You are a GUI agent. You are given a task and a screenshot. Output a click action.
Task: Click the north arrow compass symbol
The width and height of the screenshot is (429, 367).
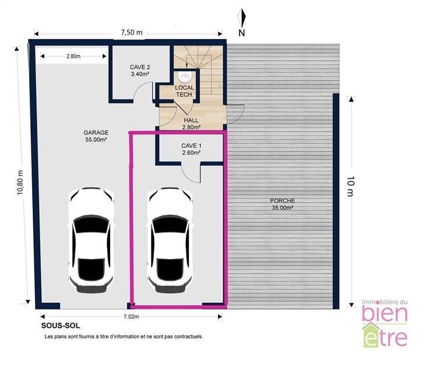pos(241,18)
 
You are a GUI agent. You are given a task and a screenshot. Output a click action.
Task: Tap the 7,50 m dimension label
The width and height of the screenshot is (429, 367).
pos(132,32)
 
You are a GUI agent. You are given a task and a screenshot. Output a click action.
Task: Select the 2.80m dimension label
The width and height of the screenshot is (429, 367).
pos(73,56)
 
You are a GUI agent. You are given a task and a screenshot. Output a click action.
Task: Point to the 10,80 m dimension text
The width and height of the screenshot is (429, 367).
pos(20,183)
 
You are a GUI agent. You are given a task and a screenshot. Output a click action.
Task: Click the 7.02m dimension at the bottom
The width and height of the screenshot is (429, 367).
pos(131,317)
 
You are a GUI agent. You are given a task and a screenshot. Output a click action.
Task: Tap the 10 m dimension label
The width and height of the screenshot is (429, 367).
pos(350,187)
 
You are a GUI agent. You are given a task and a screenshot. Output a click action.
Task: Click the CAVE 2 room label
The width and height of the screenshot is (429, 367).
pos(140,71)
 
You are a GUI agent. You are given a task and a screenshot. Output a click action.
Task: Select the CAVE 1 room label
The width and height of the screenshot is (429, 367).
pos(191,149)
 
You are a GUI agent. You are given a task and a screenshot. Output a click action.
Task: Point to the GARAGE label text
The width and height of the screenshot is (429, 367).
pos(96,136)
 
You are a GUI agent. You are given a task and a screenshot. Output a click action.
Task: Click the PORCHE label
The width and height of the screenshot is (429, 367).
pos(282,204)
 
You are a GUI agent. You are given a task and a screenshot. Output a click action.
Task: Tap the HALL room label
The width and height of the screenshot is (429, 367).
pos(191,124)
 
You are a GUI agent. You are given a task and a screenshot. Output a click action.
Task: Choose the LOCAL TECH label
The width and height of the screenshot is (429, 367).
pos(184,91)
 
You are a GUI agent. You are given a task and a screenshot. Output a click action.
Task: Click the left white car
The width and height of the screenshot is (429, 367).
pos(91,240)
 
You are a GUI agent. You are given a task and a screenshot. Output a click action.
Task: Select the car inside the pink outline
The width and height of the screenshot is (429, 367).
pos(170,240)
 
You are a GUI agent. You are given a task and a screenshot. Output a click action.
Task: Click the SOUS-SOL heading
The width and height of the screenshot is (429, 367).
pos(61,326)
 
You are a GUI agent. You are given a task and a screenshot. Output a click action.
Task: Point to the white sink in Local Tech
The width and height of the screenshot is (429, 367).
pos(185,76)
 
